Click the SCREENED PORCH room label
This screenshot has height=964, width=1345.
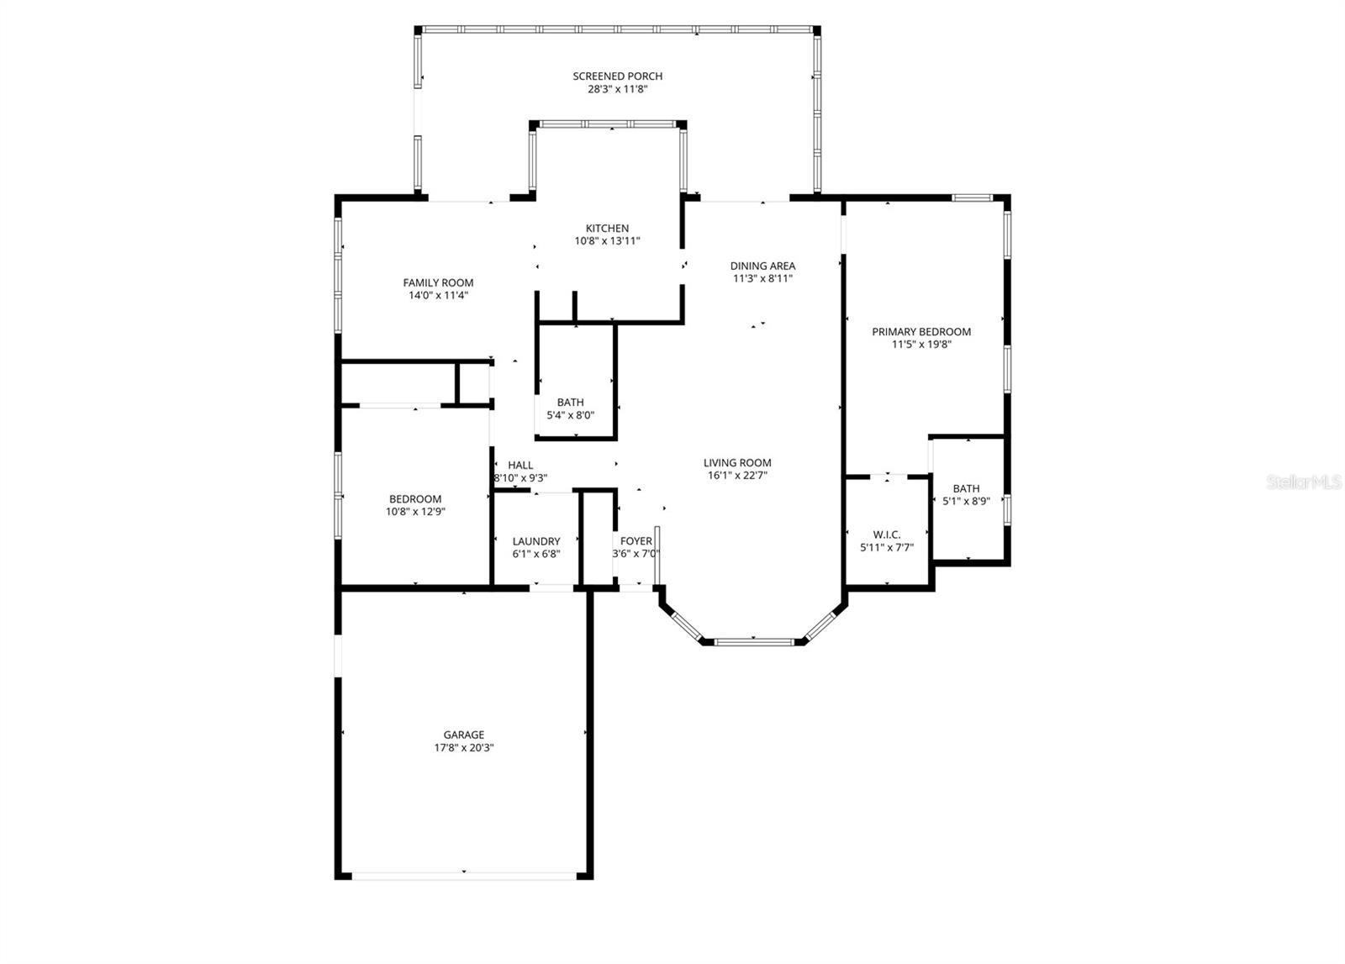point(617,76)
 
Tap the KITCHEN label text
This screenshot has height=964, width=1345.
point(607,229)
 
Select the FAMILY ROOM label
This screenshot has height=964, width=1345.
point(438,283)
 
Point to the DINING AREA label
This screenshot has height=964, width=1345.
point(762,266)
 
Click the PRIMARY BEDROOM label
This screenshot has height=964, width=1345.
point(921,332)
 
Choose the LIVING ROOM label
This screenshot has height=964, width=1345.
point(737,463)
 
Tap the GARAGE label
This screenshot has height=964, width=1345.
point(464,735)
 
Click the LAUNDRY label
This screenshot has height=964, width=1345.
point(535,542)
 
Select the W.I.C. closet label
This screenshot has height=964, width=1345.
point(887,535)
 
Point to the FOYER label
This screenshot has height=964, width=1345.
point(636,541)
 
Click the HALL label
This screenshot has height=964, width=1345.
point(520,466)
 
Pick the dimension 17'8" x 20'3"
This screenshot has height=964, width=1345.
point(464,748)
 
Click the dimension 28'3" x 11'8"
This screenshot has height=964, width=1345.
point(617,89)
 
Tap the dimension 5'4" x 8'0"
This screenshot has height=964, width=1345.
point(570,415)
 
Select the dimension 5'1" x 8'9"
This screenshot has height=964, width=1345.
point(966,501)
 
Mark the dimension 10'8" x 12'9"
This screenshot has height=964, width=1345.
point(415,511)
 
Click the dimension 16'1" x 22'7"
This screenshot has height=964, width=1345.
point(737,476)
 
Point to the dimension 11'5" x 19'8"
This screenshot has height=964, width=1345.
point(921,345)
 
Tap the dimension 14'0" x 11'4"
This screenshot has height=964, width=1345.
point(438,296)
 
